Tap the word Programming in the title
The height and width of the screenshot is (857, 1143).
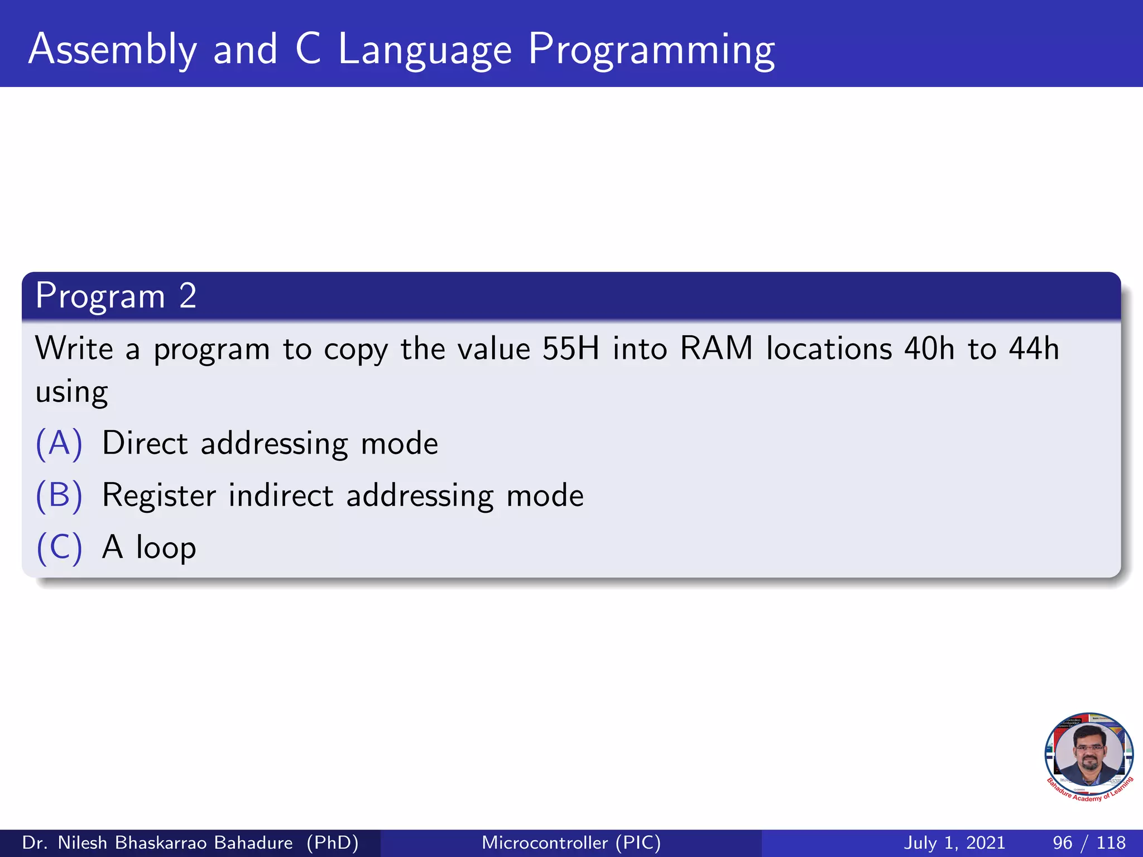651,50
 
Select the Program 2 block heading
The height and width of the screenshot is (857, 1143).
116,296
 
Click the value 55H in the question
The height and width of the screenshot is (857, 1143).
570,349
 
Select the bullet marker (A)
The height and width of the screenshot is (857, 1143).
59,444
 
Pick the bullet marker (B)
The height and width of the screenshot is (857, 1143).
59,495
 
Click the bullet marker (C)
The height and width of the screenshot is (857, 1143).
59,547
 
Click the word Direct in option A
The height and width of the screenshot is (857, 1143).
145,444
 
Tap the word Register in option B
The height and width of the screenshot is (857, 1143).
159,495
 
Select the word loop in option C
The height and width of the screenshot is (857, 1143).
166,547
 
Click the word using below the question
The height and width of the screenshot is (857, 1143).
71,392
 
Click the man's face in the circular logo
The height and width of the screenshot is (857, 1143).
1089,754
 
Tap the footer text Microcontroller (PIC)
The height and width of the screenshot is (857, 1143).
571,842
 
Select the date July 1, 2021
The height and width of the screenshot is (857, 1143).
954,842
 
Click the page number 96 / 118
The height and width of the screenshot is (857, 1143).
1089,842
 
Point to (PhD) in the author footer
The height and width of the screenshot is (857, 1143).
333,842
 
